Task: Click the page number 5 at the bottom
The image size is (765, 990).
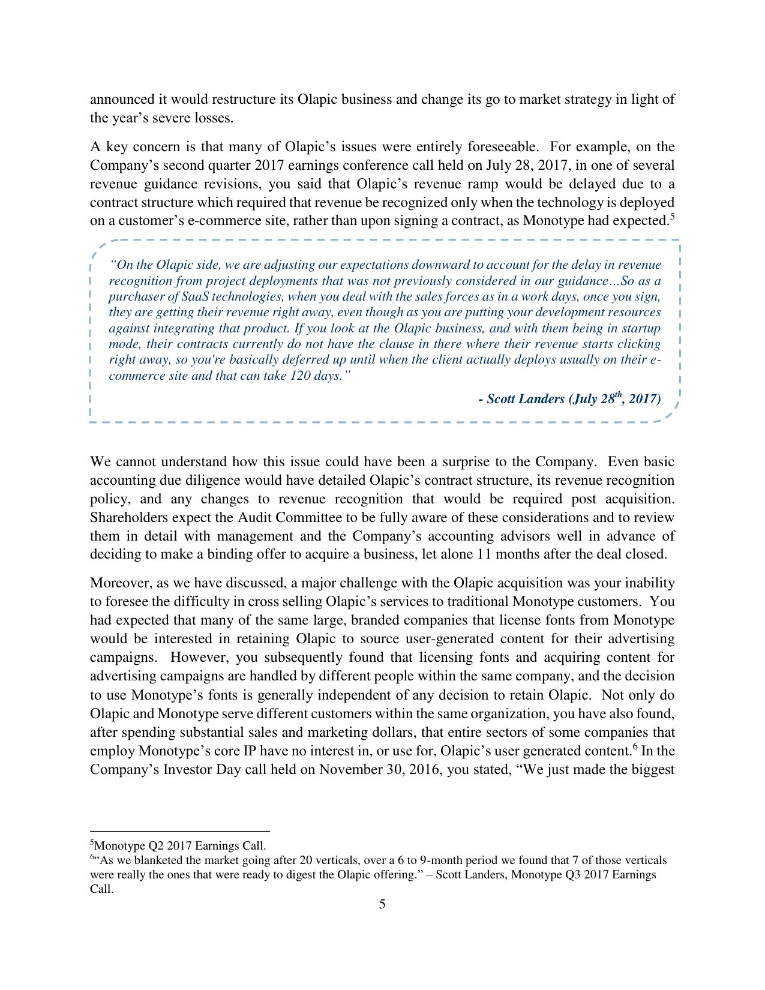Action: pyautogui.click(x=382, y=904)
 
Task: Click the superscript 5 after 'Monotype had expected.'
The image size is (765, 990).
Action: pyautogui.click(x=672, y=217)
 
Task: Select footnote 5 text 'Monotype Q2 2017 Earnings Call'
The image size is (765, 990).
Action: pyautogui.click(x=180, y=846)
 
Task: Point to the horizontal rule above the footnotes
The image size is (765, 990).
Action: pyautogui.click(x=180, y=832)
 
